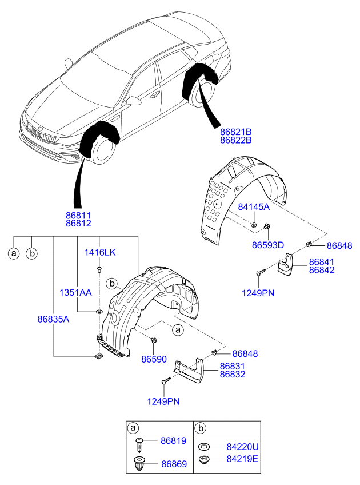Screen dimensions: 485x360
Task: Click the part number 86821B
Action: [236, 131]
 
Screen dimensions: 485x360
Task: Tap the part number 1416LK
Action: [101, 252]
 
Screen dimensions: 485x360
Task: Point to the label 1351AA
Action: [75, 292]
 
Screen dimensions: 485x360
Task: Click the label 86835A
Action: [50, 319]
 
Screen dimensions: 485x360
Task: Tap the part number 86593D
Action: [268, 245]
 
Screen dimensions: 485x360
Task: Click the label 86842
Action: [322, 270]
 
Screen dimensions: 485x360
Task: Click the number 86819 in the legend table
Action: [173, 441]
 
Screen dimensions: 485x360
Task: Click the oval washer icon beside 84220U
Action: [203, 446]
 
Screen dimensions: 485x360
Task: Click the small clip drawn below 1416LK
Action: [99, 267]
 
